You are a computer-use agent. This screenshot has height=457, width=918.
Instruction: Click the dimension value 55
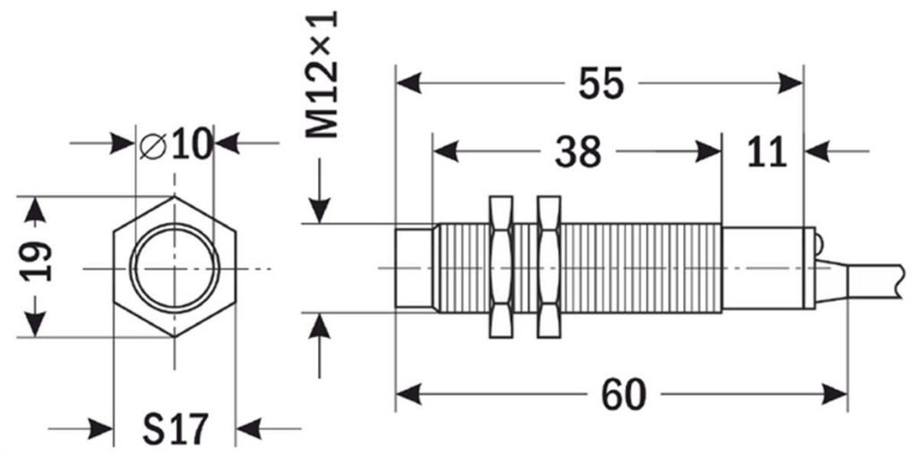pos(600,83)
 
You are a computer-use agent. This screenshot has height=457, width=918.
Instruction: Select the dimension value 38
pos(576,151)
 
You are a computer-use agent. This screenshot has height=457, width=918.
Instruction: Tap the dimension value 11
pos(766,152)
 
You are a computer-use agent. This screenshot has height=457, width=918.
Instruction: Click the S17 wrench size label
pos(175,429)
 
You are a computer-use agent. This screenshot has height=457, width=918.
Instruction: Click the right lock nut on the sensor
pos(548,267)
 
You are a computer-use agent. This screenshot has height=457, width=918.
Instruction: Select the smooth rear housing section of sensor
pos(766,267)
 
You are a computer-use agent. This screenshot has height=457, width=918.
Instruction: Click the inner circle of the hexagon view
pos(176,267)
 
